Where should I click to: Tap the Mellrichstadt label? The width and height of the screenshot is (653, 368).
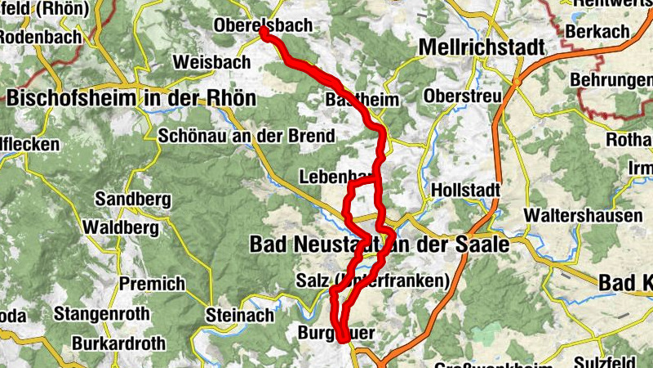pos(481,48)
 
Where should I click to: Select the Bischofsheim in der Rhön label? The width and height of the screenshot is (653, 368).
pos(131,99)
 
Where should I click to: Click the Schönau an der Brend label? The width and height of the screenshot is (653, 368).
pos(247,136)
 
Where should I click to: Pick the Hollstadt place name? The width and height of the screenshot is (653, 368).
pos(464,189)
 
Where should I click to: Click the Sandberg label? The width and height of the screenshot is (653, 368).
pos(132,199)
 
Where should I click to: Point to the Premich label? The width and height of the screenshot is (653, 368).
pos(152,285)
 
